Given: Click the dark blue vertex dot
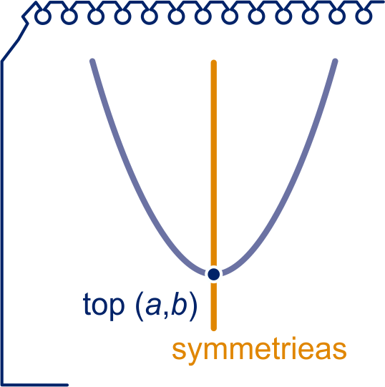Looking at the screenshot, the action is pyautogui.click(x=214, y=274).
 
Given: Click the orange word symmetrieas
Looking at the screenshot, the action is pyautogui.click(x=259, y=351).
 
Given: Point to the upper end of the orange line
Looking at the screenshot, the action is pyautogui.click(x=214, y=62).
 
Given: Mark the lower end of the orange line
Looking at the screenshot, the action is pyautogui.click(x=214, y=328).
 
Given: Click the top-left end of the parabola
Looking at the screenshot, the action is pyautogui.click(x=92, y=61).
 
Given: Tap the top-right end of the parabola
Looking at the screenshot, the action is pyautogui.click(x=335, y=61).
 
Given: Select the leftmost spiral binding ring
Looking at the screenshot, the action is pyautogui.click(x=43, y=16).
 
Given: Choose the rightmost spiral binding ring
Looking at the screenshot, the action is pyautogui.click(x=364, y=16).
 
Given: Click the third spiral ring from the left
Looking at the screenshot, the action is pyautogui.click(x=97, y=16).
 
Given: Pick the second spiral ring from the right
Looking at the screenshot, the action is pyautogui.click(x=337, y=16).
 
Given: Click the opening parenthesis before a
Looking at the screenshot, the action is pyautogui.click(x=140, y=306).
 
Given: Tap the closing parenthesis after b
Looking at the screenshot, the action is pyautogui.click(x=193, y=306).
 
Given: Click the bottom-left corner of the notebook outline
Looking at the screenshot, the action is pyautogui.click(x=2, y=385).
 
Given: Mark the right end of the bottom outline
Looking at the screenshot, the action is pyautogui.click(x=67, y=385).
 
